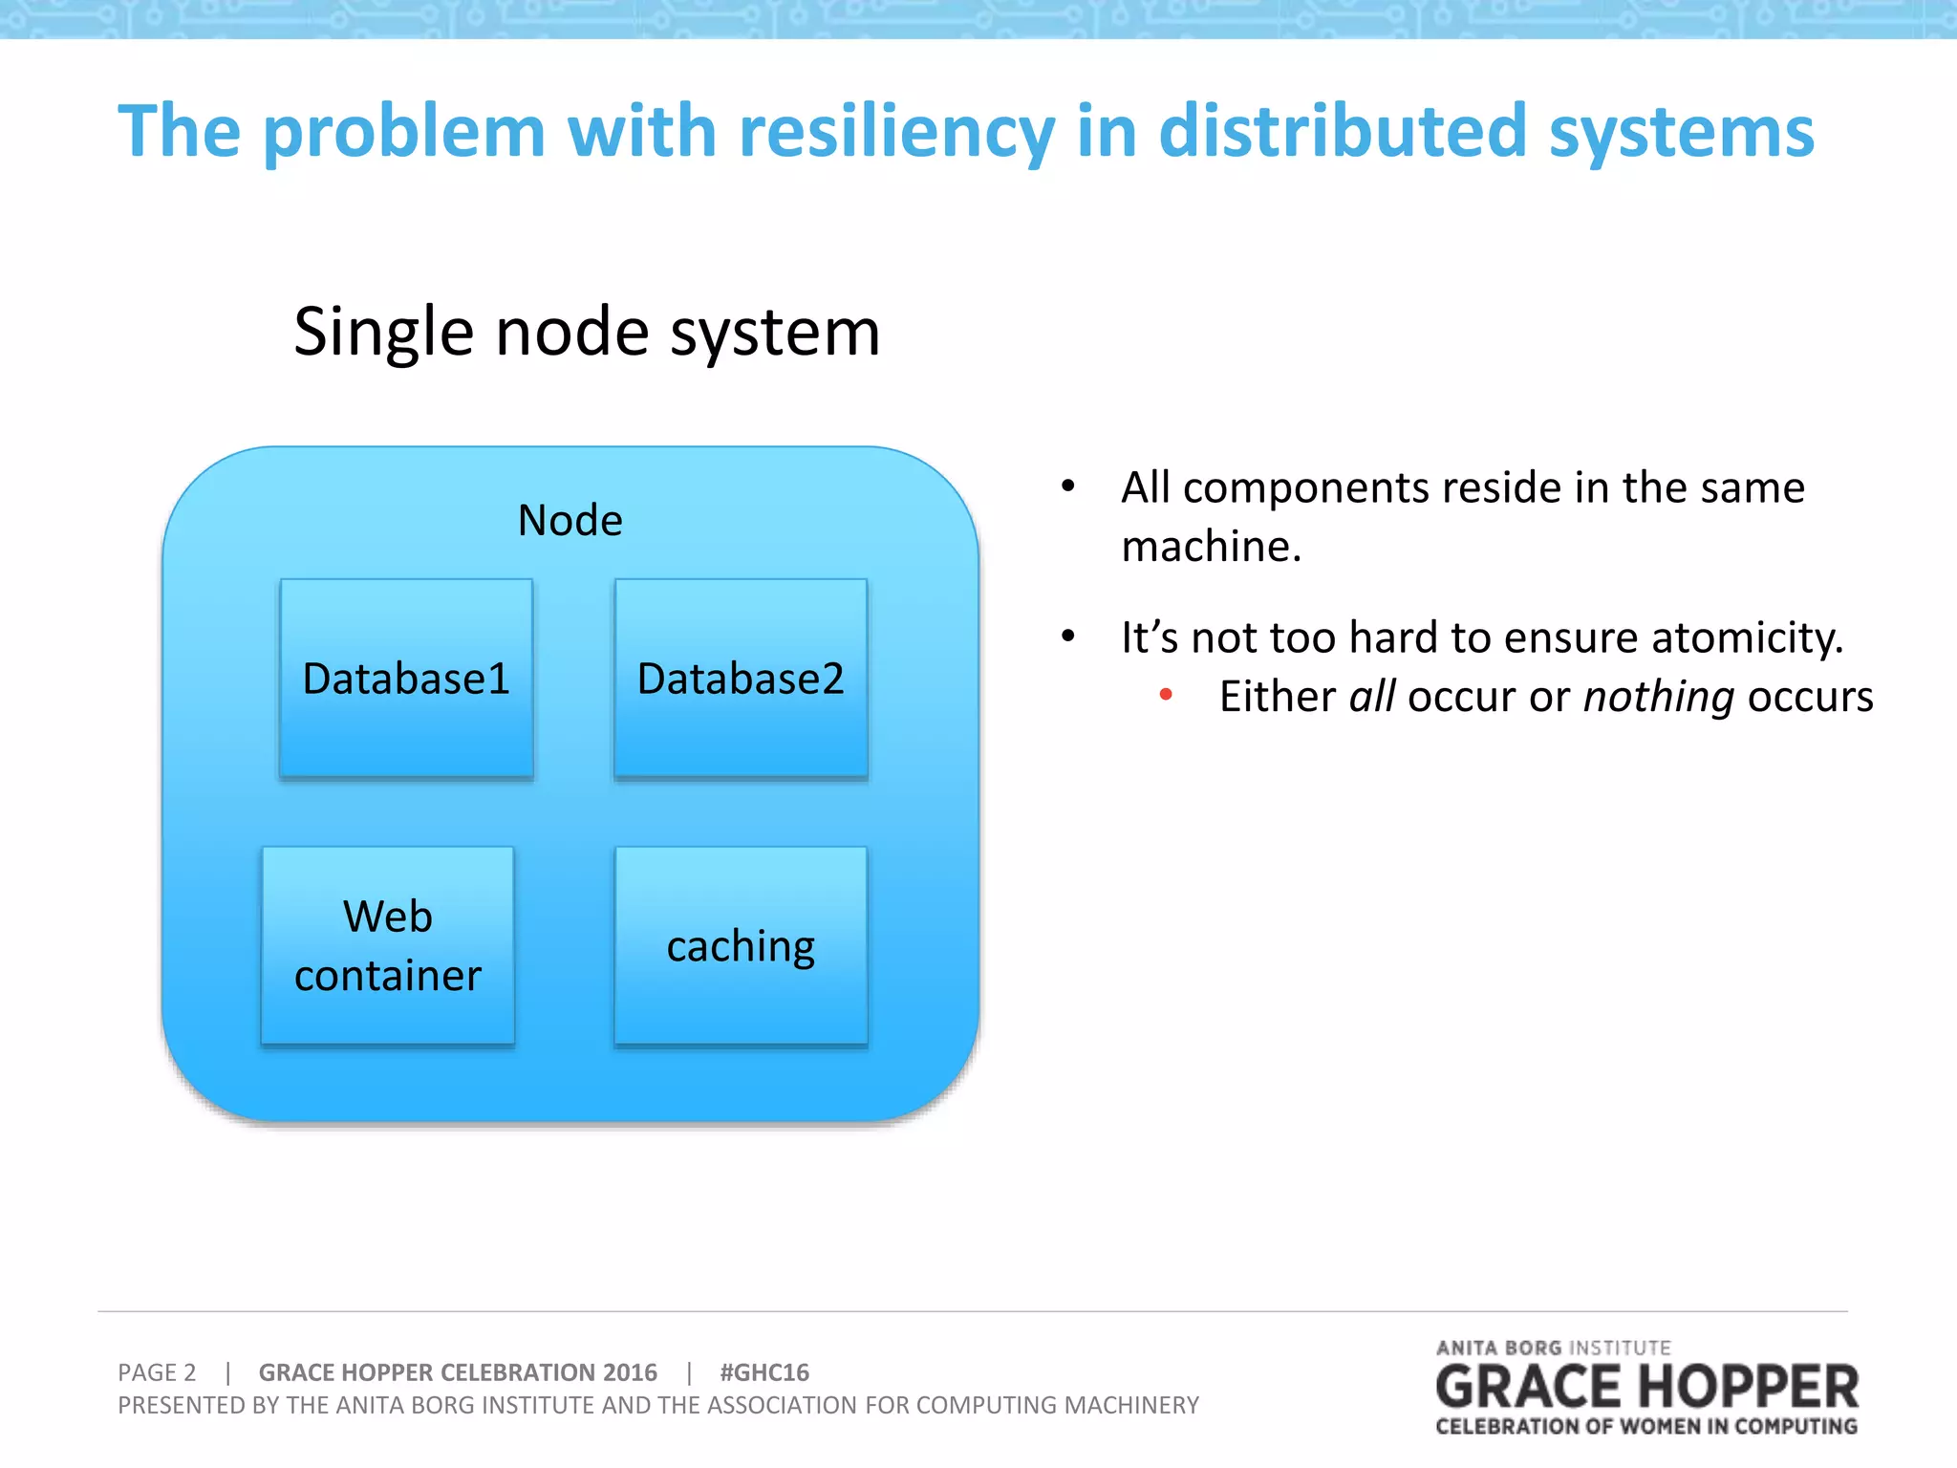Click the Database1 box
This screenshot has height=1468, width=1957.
(406, 679)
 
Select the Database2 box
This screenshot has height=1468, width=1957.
(741, 679)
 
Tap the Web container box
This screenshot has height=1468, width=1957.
(388, 945)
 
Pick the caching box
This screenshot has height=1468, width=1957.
(741, 945)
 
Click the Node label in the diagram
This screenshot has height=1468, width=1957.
(570, 521)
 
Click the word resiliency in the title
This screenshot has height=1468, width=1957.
(897, 132)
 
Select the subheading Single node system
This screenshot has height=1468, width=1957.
(587, 332)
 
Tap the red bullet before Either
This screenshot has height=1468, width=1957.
(1166, 695)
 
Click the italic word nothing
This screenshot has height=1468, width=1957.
(1658, 697)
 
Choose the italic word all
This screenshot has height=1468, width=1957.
(1372, 697)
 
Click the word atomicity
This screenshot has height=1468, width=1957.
(1747, 637)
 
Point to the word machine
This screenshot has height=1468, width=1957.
(1210, 547)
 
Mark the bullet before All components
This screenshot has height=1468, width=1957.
(1068, 486)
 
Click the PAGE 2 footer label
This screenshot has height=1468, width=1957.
(157, 1372)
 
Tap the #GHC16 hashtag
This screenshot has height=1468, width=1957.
(763, 1372)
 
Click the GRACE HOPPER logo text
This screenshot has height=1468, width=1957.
(1646, 1388)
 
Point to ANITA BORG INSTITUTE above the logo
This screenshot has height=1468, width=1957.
(1553, 1348)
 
